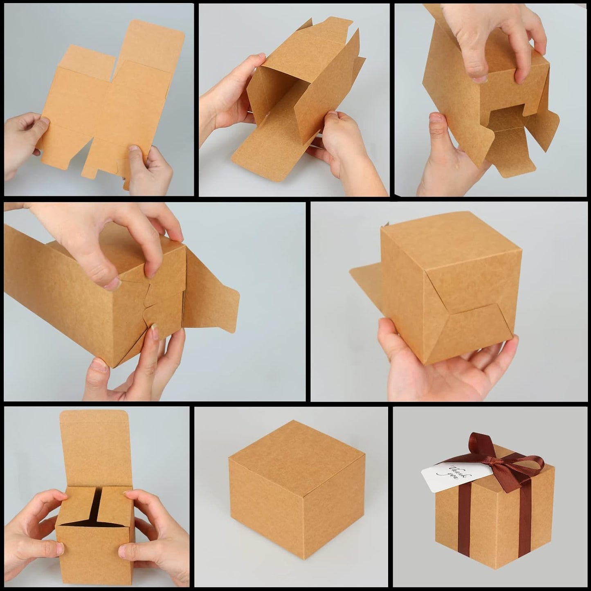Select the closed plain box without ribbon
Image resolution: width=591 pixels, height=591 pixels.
pos(297,491)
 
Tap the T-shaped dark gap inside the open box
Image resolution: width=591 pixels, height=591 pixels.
pos(97,507)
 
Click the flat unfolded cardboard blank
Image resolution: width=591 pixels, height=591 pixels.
pos(110,102)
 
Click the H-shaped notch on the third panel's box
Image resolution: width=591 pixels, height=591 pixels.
pos(507,117)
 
